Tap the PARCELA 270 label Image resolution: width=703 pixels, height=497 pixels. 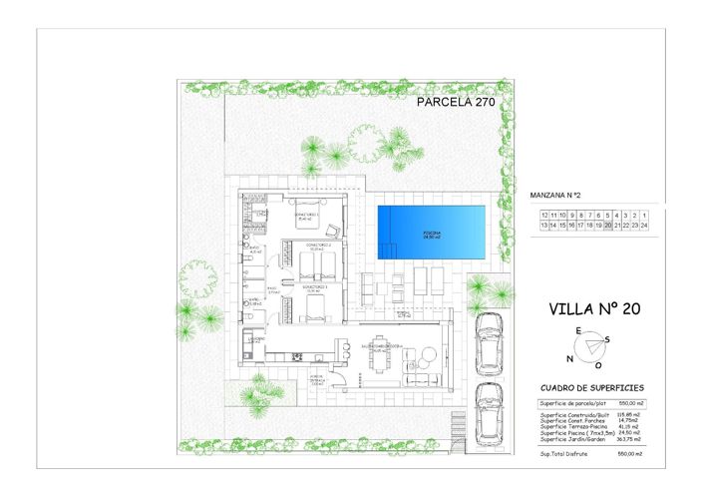455,101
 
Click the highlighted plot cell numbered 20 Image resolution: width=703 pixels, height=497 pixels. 607,227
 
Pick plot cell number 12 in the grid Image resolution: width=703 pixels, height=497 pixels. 544,215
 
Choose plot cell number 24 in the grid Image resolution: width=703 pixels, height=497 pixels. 645,227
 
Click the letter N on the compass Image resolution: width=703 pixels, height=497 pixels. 569,359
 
